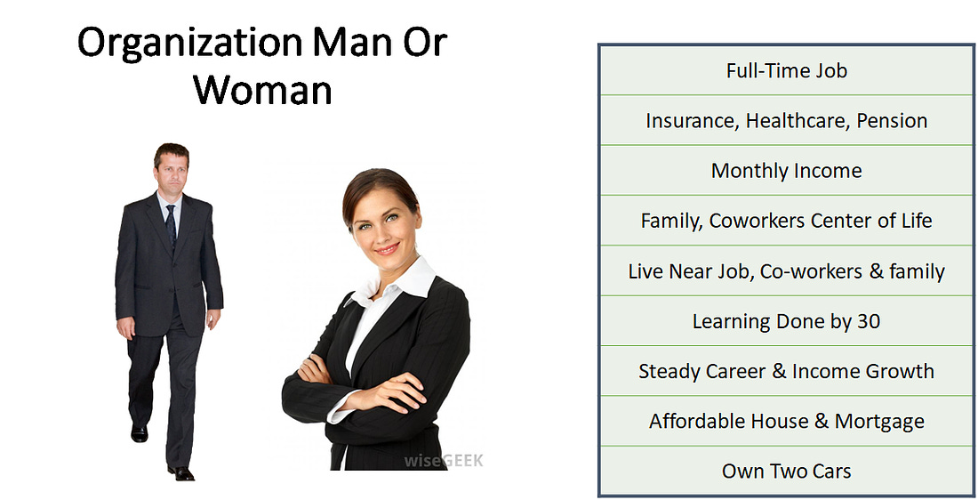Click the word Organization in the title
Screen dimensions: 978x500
189,44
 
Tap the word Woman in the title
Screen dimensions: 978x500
262,90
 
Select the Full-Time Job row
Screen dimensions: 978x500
787,70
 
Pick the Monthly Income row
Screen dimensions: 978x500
787,171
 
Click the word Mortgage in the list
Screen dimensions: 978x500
879,422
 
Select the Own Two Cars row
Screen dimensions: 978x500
787,472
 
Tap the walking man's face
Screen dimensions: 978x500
171,173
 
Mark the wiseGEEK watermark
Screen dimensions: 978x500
444,461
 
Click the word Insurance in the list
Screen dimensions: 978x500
693,121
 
